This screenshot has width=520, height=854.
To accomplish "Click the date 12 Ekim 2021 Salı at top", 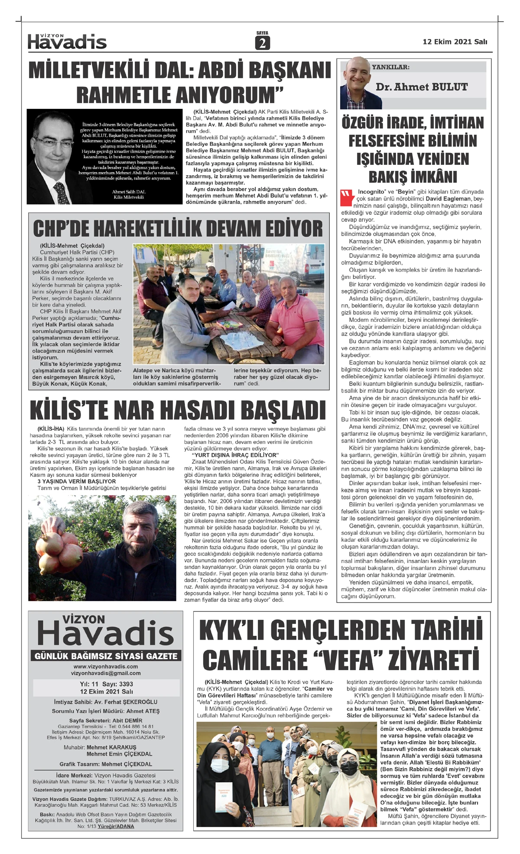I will pyautogui.click(x=455, y=42).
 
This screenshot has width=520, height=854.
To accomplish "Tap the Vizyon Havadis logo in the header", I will pyautogui.click(x=67, y=42).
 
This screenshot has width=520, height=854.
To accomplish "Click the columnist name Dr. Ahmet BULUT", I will pyautogui.click(x=422, y=87).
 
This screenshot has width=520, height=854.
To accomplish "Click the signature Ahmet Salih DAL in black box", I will pyautogui.click(x=129, y=192).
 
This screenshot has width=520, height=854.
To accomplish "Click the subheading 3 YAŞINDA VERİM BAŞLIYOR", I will pyautogui.click(x=77, y=481).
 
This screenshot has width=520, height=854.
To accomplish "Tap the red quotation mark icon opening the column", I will pyautogui.click(x=347, y=197).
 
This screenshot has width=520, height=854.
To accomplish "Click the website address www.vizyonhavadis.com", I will pyautogui.click(x=106, y=667).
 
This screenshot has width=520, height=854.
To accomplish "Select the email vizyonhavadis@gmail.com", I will pyautogui.click(x=106, y=673).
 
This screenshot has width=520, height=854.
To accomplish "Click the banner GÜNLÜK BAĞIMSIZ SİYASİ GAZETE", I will pyautogui.click(x=106, y=656).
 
